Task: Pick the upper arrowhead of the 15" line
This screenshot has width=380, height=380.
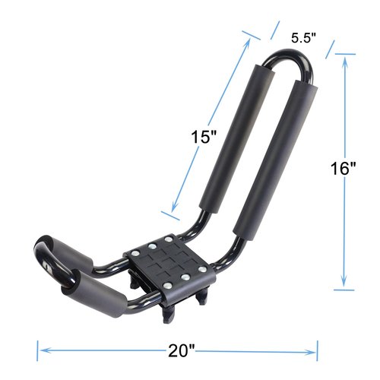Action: coord(249,43)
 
